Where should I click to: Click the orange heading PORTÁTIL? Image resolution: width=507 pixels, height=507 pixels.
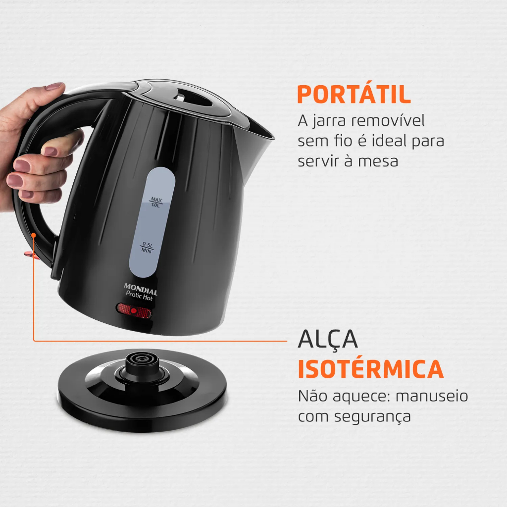tap(354, 94)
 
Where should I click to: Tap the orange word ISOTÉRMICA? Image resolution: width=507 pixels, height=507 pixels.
tap(370, 369)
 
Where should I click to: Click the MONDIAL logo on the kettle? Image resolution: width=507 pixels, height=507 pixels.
tap(141, 289)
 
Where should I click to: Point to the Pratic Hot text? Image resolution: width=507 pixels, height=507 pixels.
tap(139, 296)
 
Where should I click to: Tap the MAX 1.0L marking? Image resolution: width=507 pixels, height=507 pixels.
tap(156, 202)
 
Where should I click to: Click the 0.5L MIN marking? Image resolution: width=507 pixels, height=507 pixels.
tap(147, 248)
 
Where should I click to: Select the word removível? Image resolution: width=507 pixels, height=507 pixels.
tap(388, 120)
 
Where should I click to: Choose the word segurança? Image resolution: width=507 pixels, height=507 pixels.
tap(372, 417)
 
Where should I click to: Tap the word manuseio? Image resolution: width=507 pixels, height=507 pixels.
tap(432, 396)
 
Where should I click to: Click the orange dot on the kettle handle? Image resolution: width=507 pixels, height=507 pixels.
tap(33, 234)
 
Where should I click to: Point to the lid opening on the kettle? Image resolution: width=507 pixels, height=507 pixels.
tap(192, 98)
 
